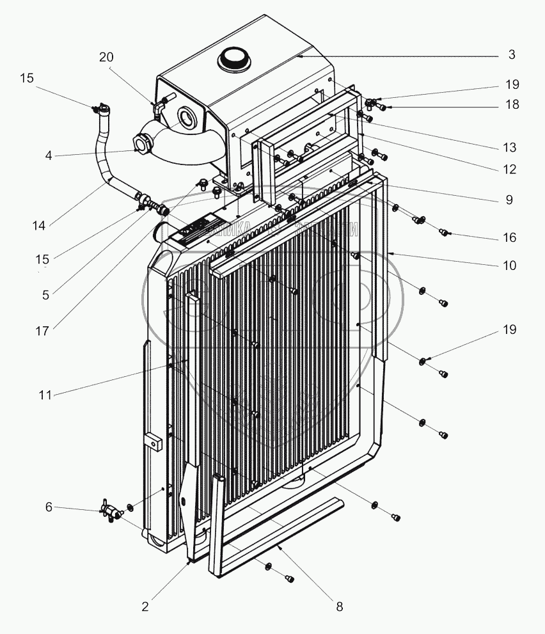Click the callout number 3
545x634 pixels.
coord(512,55)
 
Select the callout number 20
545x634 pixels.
coord(106,57)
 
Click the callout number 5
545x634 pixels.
coord(44,296)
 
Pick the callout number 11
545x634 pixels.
coord(44,395)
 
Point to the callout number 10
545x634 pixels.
coord(509,265)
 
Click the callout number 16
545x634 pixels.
coord(509,237)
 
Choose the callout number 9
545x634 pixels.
coord(509,200)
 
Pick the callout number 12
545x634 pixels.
coord(509,170)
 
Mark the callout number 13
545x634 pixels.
coord(509,147)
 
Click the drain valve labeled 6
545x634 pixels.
coord(110,512)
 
